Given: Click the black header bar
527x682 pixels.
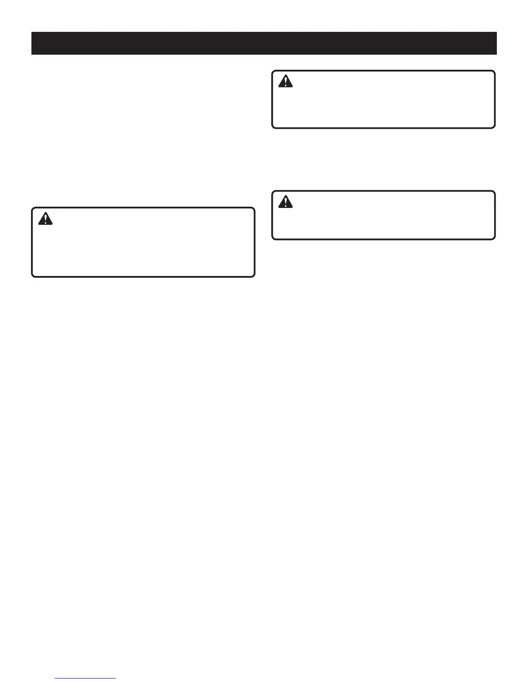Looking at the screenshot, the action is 264,43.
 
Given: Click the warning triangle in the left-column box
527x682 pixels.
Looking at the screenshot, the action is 45,219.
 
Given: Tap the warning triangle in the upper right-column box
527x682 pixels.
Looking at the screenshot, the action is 285,81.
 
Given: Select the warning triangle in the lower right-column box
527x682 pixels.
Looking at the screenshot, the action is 285,202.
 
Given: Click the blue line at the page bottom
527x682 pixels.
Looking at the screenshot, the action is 86,679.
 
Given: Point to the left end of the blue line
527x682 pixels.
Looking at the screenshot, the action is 56,679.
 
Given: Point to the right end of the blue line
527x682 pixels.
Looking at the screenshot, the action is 116,679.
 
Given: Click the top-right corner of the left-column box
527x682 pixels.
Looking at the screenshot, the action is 254,208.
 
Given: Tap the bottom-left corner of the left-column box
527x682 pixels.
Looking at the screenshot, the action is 32,276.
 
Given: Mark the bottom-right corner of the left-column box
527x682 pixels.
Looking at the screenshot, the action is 254,276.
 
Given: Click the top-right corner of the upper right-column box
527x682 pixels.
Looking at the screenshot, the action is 495,71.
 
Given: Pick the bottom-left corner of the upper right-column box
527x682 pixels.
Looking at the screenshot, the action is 273,127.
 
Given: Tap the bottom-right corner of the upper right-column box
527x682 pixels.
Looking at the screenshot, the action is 495,127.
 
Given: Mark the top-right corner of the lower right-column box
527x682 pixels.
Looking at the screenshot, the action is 495,192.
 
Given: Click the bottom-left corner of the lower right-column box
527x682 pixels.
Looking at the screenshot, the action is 273,239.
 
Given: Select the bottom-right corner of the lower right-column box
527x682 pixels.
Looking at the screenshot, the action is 495,239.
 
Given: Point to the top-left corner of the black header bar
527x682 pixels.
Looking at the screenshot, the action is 31,32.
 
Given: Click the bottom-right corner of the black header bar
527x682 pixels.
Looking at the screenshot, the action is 497,55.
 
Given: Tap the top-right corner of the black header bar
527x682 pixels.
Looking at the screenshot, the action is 497,32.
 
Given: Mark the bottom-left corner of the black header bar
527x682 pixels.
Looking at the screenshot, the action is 31,55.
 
